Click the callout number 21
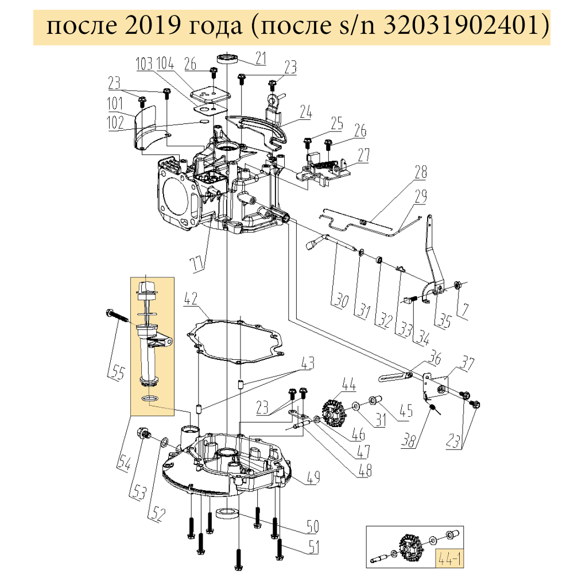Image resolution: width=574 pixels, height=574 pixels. [261, 57]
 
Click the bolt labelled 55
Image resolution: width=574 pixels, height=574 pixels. [118, 318]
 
